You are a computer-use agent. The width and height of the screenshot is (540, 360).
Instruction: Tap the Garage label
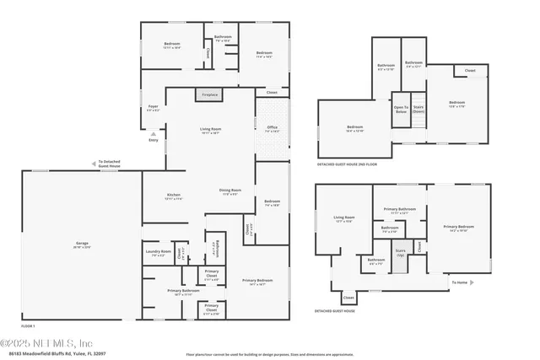(x=82, y=244)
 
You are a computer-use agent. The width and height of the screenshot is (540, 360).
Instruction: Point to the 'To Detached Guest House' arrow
(x=94, y=164)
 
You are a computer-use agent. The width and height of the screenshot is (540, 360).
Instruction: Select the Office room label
(x=273, y=128)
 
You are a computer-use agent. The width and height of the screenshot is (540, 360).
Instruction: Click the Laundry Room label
(x=158, y=252)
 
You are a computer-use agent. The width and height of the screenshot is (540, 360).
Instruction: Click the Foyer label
(x=153, y=109)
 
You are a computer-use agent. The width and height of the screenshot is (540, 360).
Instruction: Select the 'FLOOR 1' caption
(x=29, y=325)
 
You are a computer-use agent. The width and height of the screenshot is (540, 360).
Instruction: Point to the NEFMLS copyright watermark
(x=46, y=343)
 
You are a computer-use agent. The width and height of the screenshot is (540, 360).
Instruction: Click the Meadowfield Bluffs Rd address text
(x=53, y=355)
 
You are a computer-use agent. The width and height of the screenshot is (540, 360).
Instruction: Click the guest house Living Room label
(x=344, y=219)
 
